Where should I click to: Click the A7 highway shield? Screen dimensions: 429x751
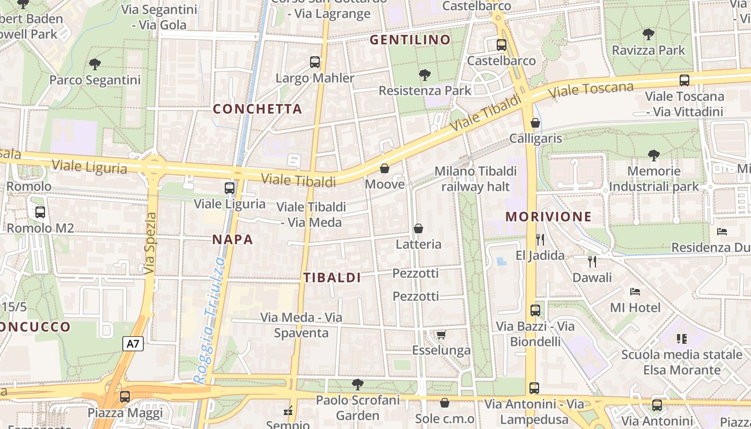click(133, 344)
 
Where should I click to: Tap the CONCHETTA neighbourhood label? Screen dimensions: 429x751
click(257, 109)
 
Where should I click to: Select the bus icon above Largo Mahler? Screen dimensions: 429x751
click(315, 62)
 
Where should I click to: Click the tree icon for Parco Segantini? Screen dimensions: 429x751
click(95, 64)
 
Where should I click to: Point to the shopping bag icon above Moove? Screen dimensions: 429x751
click(385, 169)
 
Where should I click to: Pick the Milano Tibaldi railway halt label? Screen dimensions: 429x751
click(475, 179)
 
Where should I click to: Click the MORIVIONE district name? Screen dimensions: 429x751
click(548, 217)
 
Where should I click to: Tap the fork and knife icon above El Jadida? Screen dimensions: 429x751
click(540, 239)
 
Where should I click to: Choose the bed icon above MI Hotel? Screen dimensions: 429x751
click(635, 292)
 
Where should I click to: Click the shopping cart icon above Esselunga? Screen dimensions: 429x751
click(441, 335)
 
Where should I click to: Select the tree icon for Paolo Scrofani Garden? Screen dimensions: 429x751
click(357, 384)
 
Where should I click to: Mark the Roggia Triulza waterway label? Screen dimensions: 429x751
click(209, 321)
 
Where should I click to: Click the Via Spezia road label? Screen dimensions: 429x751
click(151, 243)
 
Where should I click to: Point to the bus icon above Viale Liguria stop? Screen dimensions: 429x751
click(230, 188)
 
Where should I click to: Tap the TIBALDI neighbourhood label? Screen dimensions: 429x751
click(332, 278)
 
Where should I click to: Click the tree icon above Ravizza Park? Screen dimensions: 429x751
click(648, 34)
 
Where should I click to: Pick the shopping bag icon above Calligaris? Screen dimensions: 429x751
click(535, 123)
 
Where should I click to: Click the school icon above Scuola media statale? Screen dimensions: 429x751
click(682, 338)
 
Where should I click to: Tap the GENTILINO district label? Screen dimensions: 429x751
click(410, 40)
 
